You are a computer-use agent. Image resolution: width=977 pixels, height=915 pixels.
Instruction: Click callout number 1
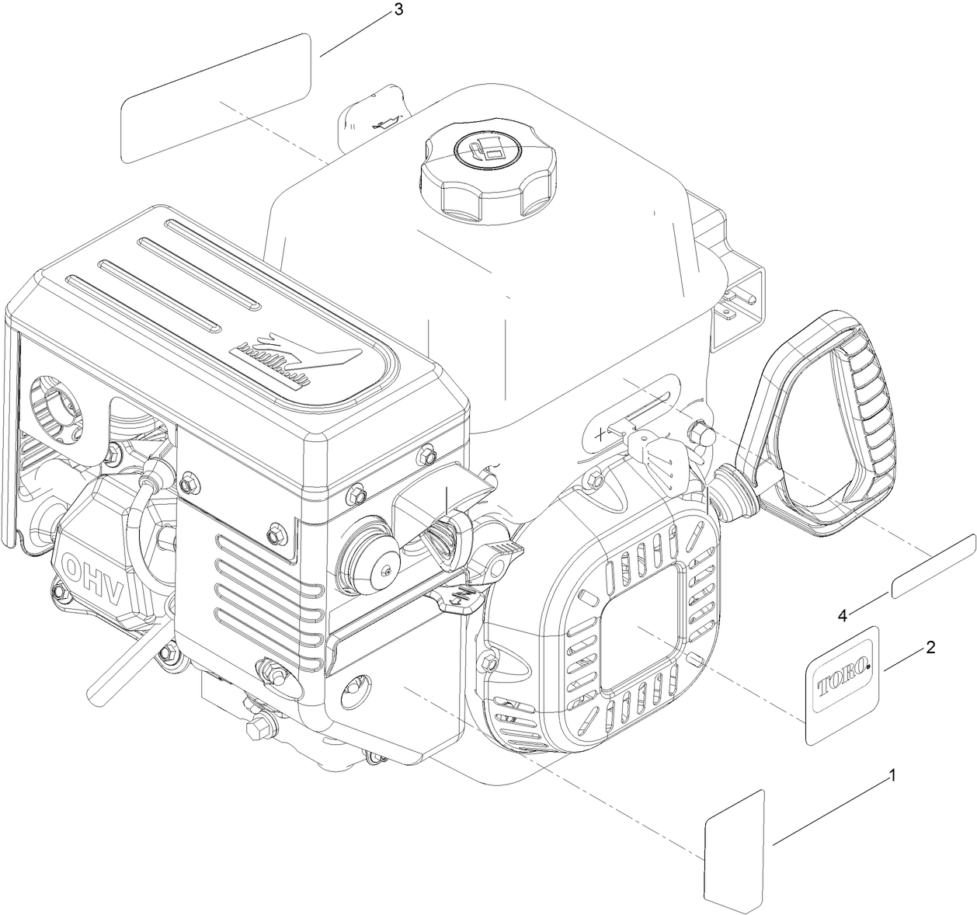tap(893, 775)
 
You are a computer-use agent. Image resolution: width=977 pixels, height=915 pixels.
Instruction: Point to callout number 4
tap(842, 615)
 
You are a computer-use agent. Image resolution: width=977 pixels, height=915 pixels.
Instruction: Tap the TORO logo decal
tap(843, 684)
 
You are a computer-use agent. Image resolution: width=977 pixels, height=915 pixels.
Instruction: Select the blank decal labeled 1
tap(735, 850)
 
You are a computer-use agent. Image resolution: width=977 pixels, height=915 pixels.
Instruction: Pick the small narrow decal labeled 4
tap(934, 566)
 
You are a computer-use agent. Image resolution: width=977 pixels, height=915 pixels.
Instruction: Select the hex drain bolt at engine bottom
tap(258, 729)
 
